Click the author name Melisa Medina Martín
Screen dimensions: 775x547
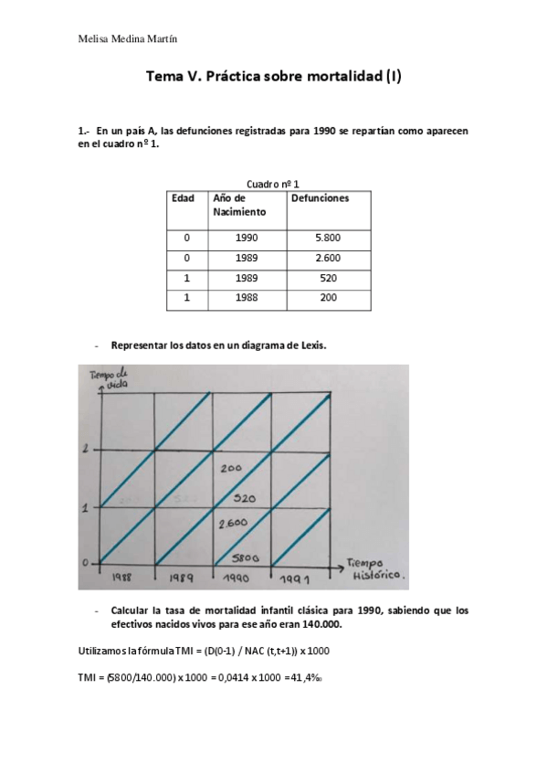point(127,39)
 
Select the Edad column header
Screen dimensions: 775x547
point(183,197)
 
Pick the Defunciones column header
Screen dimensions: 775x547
point(319,197)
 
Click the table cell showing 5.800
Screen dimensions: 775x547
point(328,238)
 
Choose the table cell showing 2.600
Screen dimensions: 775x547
point(328,258)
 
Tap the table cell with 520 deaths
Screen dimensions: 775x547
point(328,278)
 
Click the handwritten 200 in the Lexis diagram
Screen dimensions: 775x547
point(232,468)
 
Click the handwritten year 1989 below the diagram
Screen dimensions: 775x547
point(184,579)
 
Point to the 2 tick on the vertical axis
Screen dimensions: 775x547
point(84,449)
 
